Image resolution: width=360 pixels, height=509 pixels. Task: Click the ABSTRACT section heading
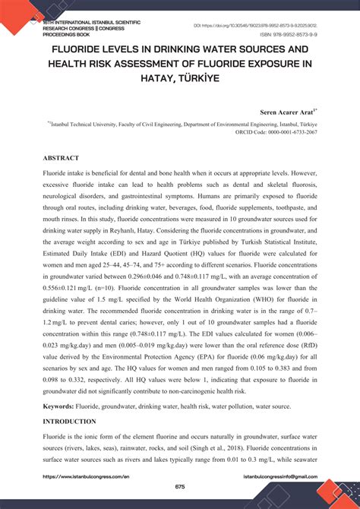pos(61,158)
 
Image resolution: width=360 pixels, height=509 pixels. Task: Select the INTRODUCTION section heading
pos(69,421)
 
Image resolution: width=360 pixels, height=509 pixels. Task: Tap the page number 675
pos(180,486)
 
